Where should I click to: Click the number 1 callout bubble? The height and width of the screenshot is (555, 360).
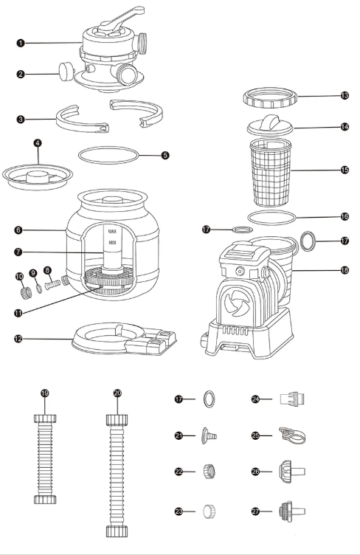point(21,44)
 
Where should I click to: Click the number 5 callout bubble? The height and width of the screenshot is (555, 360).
point(165,155)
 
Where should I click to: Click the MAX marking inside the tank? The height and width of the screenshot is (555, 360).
point(113,232)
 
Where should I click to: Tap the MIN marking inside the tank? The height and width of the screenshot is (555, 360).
point(113,243)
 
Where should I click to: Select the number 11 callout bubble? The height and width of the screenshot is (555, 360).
point(18,313)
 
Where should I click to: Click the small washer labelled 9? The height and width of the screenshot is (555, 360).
point(39,289)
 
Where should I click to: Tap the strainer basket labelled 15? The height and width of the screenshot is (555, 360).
point(271,173)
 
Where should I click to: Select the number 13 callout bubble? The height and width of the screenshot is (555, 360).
point(345,95)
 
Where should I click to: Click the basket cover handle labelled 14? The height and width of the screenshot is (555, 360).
point(271,123)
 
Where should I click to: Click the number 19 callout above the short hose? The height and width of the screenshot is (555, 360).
point(45,393)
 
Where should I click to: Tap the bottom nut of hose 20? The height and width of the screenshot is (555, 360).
point(117,531)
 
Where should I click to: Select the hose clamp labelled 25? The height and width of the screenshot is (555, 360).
point(292,435)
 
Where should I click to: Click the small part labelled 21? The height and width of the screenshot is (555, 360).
point(209,435)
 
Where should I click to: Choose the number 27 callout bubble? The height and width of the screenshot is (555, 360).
point(255,511)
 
